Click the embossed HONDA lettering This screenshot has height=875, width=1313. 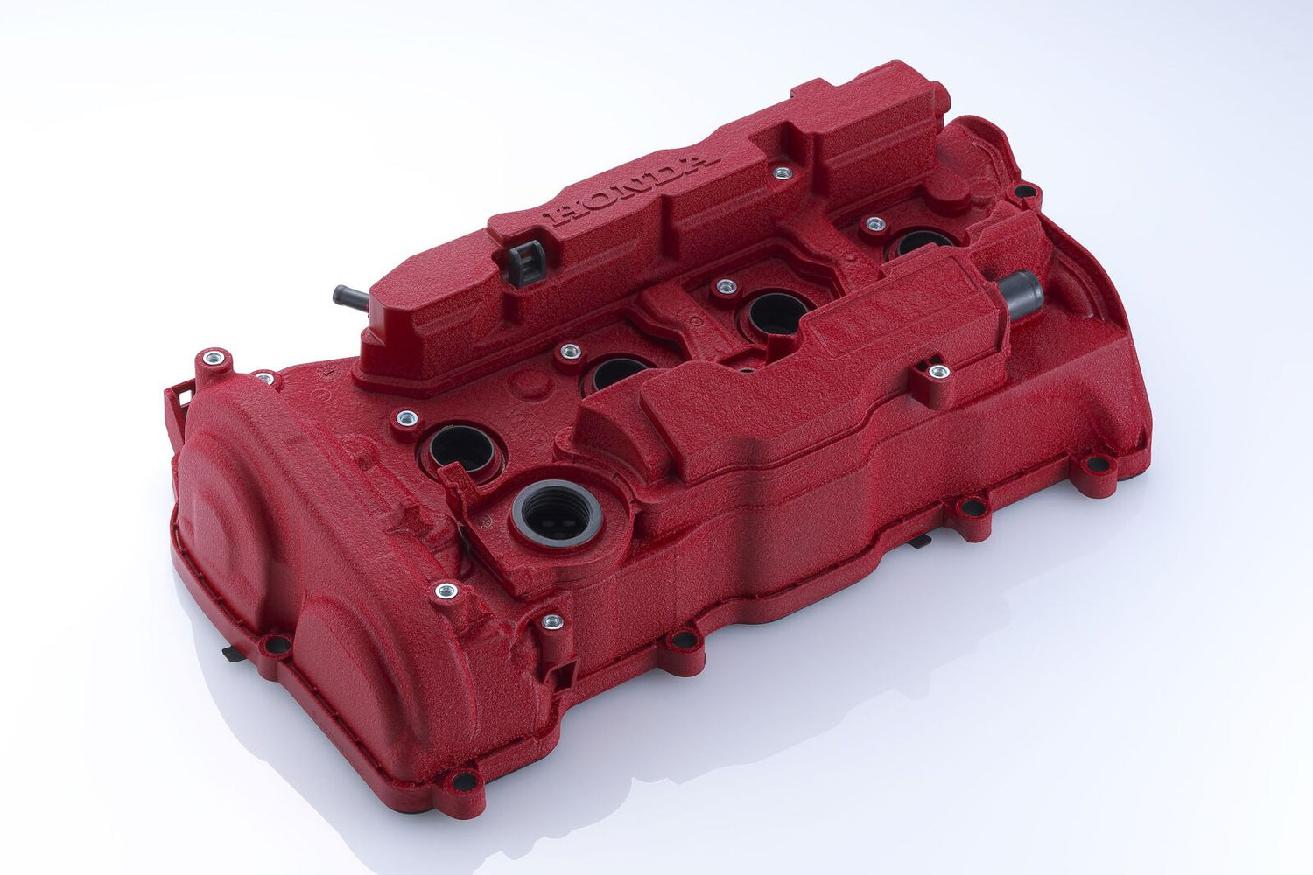tap(621, 187)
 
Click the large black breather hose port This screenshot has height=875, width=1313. tap(1021, 291)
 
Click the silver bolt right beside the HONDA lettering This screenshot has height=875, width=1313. tap(782, 173)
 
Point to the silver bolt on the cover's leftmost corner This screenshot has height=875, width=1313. tap(211, 358)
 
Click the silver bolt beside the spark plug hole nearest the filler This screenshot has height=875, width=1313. tap(404, 418)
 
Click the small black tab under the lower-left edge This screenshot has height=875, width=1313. tap(230, 652)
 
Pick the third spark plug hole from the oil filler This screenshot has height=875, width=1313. tap(774, 312)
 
